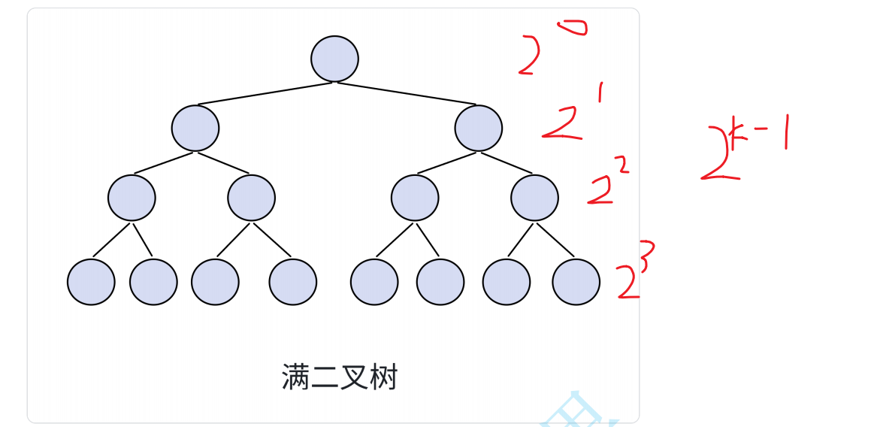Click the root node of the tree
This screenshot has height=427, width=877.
point(334,59)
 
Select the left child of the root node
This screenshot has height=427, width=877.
point(195,128)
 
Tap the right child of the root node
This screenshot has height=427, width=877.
point(478,128)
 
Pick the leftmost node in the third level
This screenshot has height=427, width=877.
point(132,198)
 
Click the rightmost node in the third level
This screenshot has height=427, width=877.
point(534,198)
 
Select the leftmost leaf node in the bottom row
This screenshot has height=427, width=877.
point(91,282)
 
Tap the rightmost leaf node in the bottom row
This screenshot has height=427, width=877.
point(576,282)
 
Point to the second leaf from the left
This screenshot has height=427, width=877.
point(153,282)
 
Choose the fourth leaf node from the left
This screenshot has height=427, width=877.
point(293,282)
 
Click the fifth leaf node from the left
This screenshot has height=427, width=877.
point(374,282)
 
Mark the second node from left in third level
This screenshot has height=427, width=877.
point(252,198)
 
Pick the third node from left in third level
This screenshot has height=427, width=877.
point(415,198)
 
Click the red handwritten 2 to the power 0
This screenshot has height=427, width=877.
point(545,49)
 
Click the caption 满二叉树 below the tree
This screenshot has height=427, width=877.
point(340,377)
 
